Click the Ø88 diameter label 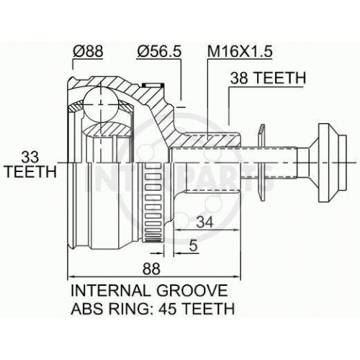88,51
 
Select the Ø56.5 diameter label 158,51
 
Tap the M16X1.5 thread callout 240,51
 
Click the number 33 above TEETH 30,157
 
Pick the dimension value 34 204,222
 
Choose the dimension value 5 193,246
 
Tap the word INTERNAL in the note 110,290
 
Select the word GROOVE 192,290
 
